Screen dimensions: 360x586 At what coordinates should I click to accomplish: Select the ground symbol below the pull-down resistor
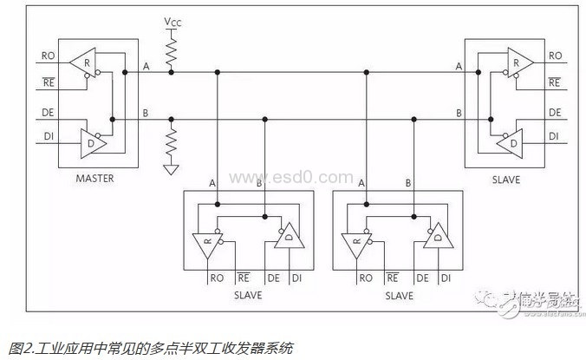(x=173, y=170)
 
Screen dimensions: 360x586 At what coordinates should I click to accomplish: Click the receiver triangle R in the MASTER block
(x=83, y=61)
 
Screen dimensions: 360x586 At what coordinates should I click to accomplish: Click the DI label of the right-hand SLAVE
(x=555, y=137)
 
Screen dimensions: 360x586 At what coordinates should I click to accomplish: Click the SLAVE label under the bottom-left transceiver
(x=247, y=295)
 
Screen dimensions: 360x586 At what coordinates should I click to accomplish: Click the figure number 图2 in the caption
(x=16, y=349)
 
